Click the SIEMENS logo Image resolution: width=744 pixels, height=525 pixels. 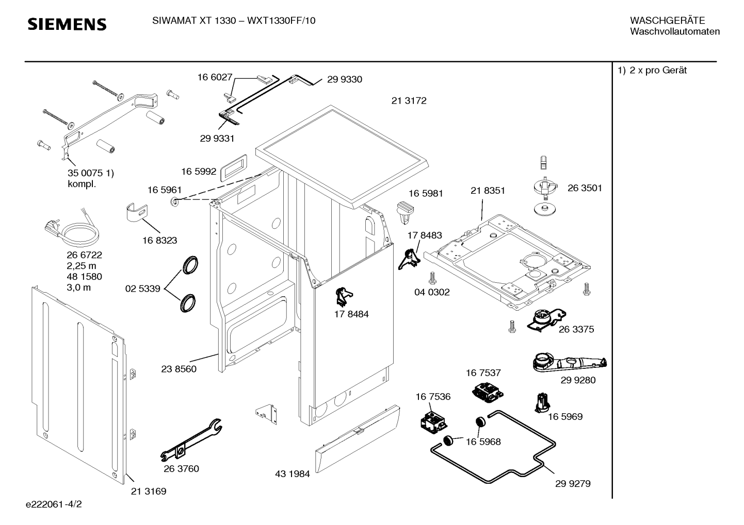67,24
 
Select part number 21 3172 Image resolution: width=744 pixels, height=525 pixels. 409,100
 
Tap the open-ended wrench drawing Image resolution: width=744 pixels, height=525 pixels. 191,440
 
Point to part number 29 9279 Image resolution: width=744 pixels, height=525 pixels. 573,484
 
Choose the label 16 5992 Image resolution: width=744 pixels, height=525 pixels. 199,172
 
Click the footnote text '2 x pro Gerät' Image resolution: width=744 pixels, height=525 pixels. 658,70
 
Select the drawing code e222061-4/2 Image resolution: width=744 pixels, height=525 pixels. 54,504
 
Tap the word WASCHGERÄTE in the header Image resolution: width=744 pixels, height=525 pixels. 667,21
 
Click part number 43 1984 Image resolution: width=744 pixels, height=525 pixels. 292,474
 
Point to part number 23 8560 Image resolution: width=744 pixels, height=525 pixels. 179,369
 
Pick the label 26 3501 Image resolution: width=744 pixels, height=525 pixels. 585,188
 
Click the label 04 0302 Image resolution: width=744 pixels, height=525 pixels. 432,292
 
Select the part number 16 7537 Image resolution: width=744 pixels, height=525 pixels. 483,373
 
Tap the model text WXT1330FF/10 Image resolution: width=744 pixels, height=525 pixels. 281,21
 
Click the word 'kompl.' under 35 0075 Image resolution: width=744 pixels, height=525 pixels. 82,184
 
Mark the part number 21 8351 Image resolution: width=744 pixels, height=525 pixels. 488,190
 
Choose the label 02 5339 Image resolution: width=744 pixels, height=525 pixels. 142,289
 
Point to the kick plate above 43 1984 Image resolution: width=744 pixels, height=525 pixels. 358,438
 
